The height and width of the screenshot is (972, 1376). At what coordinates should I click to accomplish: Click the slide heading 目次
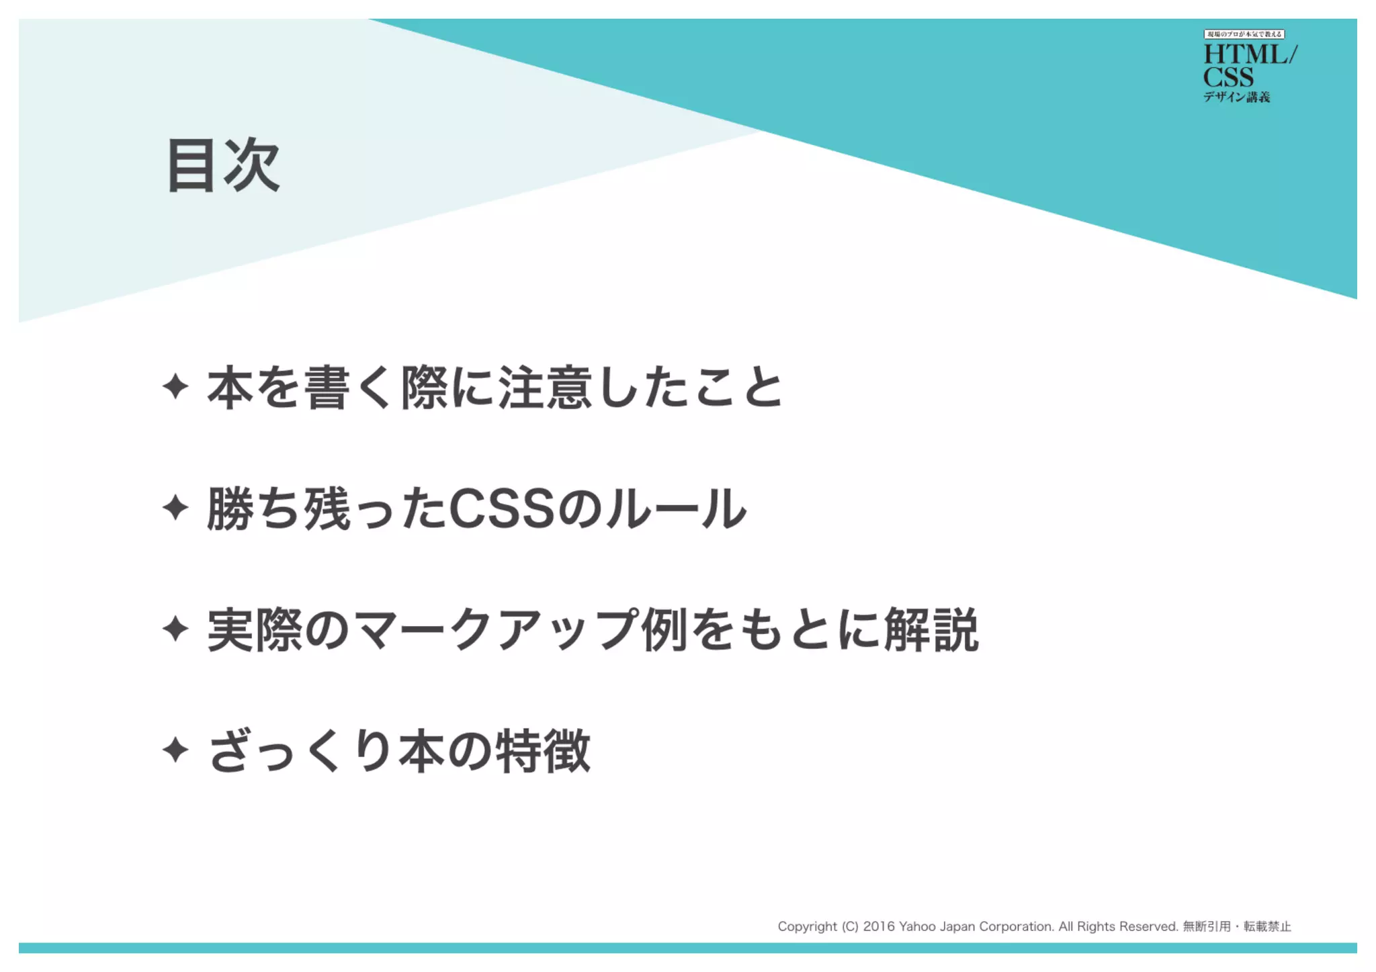[223, 166]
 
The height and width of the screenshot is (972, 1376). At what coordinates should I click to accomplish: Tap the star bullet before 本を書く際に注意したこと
[175, 387]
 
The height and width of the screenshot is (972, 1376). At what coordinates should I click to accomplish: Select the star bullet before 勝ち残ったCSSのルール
[175, 508]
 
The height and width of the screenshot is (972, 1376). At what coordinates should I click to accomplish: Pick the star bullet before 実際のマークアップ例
[175, 629]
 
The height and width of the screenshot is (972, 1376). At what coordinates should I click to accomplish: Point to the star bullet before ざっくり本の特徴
[175, 750]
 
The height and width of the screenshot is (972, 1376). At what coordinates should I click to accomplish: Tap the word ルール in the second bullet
[675, 509]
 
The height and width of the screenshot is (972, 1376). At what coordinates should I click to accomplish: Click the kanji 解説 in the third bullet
[931, 630]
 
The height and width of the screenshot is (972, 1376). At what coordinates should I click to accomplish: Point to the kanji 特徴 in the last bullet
[543, 751]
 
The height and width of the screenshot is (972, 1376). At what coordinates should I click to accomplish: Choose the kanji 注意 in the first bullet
[544, 388]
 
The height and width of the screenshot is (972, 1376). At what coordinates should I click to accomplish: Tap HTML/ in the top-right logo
[1250, 54]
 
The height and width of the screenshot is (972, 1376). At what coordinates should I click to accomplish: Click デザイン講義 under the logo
[1236, 97]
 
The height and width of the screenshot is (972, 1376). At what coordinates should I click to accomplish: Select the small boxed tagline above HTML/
[1244, 34]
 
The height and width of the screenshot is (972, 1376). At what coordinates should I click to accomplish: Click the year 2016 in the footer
[879, 926]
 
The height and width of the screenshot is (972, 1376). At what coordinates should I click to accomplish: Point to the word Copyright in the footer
[807, 926]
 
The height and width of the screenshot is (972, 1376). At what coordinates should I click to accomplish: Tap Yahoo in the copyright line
[917, 926]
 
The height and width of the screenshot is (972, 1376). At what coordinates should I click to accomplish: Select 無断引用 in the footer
[1206, 926]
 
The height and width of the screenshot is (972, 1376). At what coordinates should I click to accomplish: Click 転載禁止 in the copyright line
[1267, 926]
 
